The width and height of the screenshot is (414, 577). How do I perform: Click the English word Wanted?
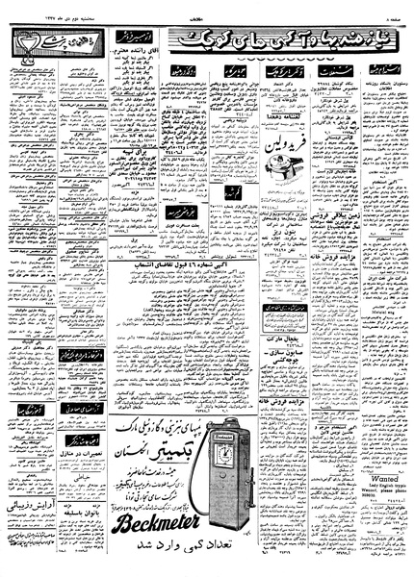tap(372, 464)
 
